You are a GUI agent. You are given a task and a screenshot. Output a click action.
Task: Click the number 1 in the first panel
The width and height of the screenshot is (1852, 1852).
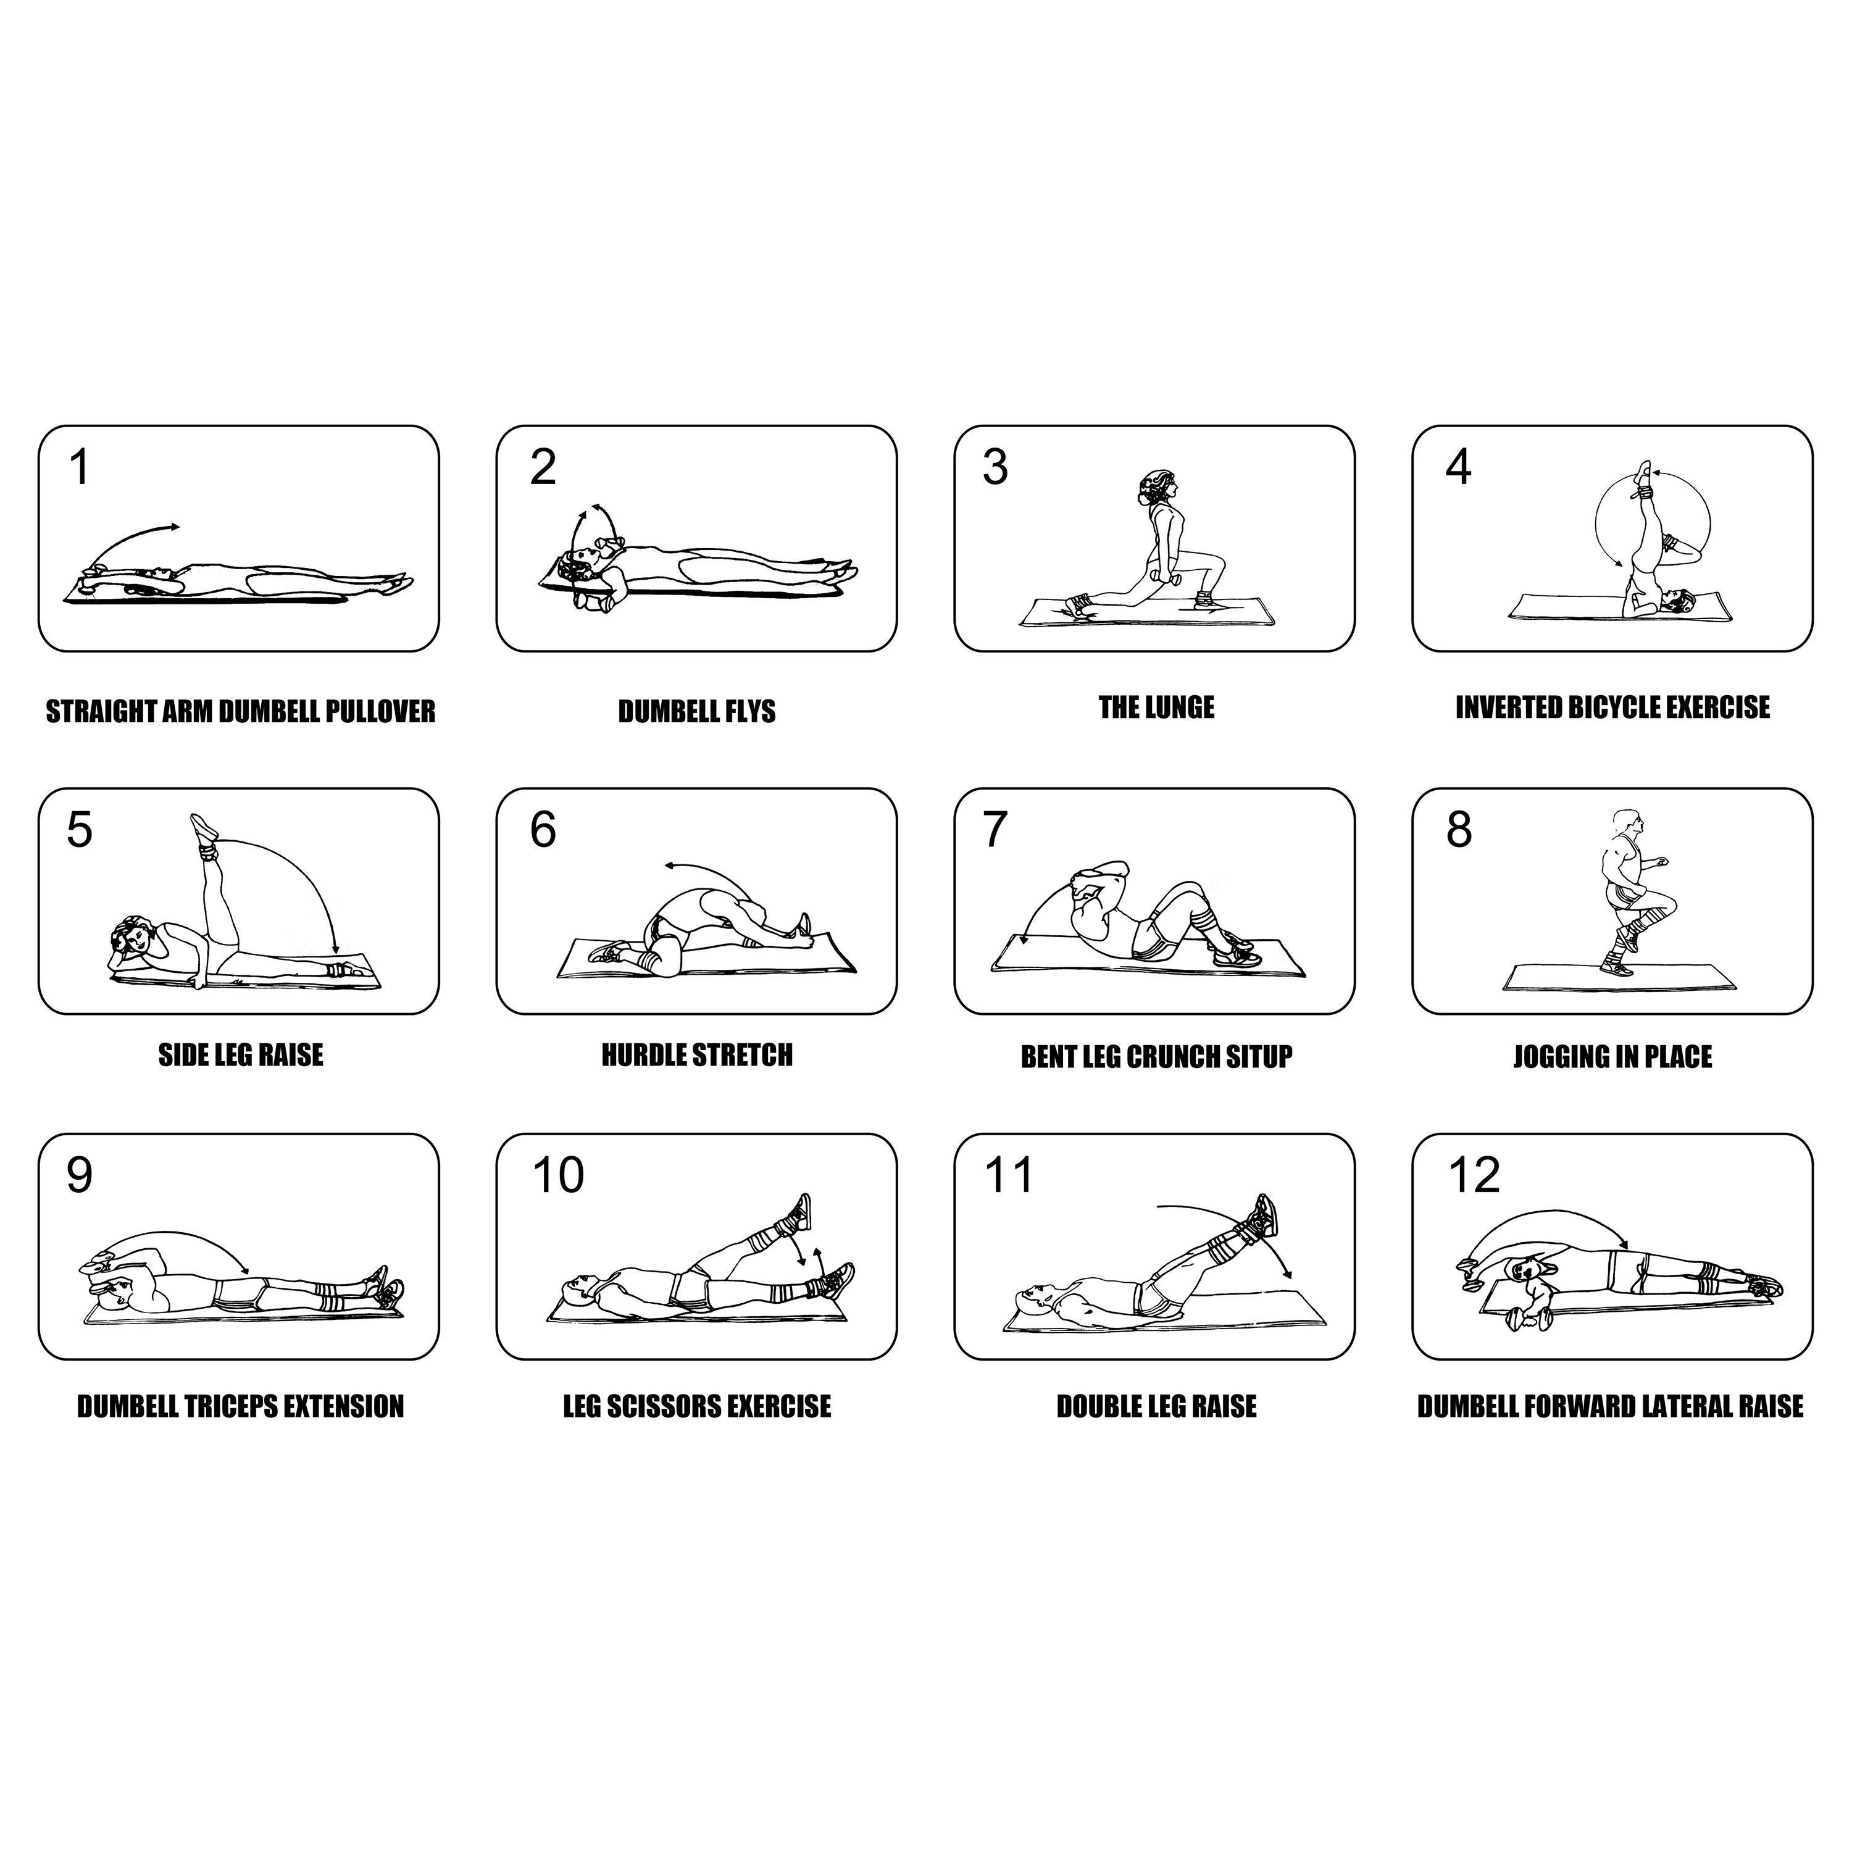click(x=80, y=468)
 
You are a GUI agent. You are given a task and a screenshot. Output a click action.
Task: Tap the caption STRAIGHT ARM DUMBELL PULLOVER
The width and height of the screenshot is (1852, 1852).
click(x=241, y=711)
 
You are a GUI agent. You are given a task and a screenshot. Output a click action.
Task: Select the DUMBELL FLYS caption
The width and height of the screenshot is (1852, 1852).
click(x=697, y=711)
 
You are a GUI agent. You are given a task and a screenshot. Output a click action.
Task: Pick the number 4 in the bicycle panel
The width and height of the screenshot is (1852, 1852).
click(x=1458, y=468)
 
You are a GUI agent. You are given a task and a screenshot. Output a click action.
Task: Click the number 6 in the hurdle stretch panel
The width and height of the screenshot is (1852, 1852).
click(x=543, y=830)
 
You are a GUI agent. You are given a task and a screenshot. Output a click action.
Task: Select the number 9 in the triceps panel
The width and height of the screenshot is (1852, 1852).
click(x=80, y=1175)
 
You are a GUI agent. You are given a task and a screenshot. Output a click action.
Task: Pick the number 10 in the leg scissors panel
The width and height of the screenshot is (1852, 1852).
click(x=558, y=1175)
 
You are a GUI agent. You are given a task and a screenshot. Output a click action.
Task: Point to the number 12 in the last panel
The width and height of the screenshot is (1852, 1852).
click(x=1474, y=1175)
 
